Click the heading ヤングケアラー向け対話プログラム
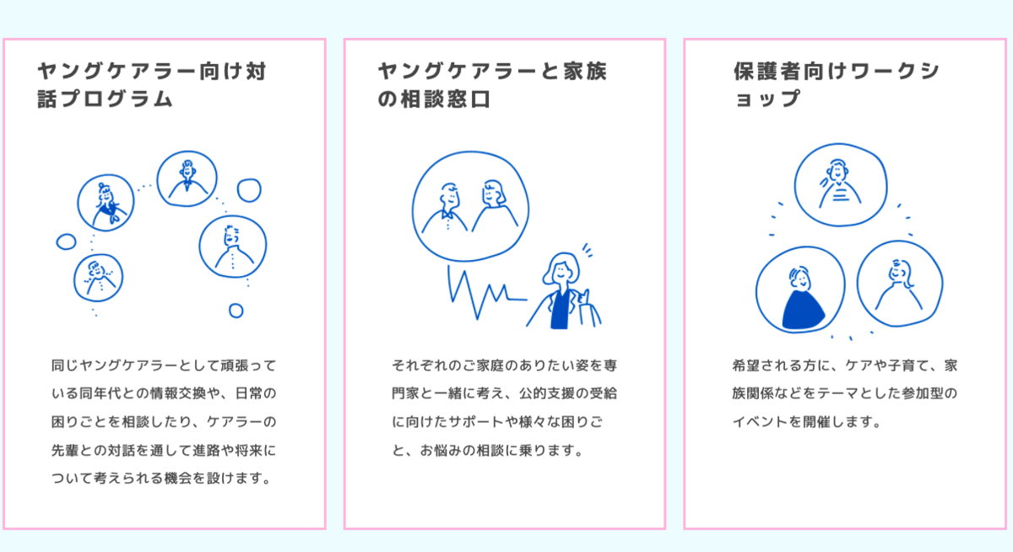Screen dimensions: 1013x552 tap(152, 85)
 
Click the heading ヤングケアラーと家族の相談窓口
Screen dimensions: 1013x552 tap(492, 85)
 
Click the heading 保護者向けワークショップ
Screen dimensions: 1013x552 tap(836, 85)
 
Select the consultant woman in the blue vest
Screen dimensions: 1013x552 tap(563, 291)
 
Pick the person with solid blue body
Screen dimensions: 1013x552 tap(799, 291)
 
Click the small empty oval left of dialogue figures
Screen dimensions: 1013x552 tap(66, 242)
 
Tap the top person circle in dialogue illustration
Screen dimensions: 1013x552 tap(187, 177)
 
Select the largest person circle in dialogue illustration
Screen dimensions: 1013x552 tap(232, 246)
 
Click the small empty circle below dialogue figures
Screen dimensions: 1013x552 tap(236, 311)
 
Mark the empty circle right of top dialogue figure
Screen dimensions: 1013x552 tap(249, 190)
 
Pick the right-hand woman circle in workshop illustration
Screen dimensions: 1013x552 tap(900, 284)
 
